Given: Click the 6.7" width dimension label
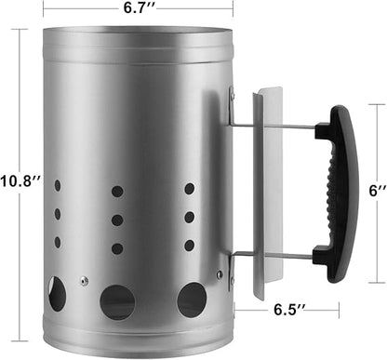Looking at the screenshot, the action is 138,7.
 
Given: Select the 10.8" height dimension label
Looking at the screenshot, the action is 20,181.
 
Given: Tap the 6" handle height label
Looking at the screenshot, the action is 378,191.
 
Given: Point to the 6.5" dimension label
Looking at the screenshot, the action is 288,309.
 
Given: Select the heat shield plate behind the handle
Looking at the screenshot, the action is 267,193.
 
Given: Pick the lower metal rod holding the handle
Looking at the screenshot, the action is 273,255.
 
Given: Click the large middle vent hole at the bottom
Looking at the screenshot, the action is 118,302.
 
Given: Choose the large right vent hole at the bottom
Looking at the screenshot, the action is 192,300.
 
